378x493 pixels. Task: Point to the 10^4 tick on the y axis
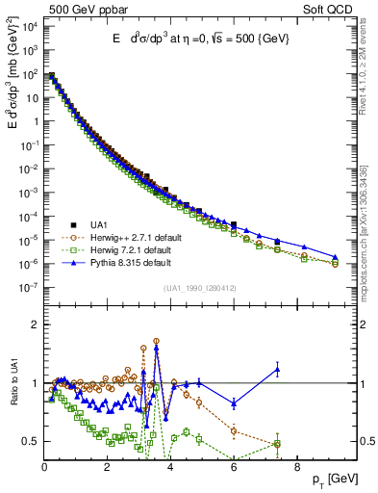coord(29,26)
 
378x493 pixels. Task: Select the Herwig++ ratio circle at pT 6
coord(234,430)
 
